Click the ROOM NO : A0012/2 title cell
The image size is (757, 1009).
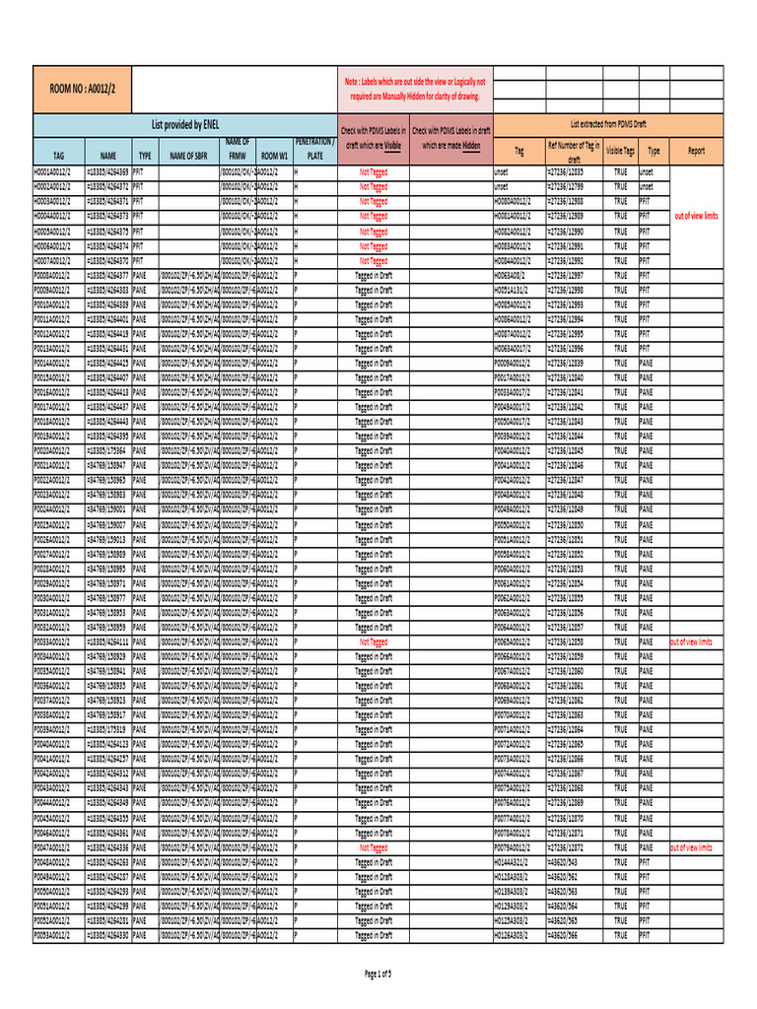coord(82,89)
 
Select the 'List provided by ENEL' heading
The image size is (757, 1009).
coord(184,125)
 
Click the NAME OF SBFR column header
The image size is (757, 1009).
coord(188,156)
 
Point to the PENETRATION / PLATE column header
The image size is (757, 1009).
coord(314,149)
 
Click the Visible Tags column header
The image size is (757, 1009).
coord(620,151)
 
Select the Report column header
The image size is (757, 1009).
coord(696,151)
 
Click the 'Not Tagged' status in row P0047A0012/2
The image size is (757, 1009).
coord(373,846)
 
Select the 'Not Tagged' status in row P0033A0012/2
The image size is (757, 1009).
coord(373,641)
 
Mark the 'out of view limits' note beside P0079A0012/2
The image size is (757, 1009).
coord(696,846)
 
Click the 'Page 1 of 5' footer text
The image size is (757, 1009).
coord(378,974)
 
